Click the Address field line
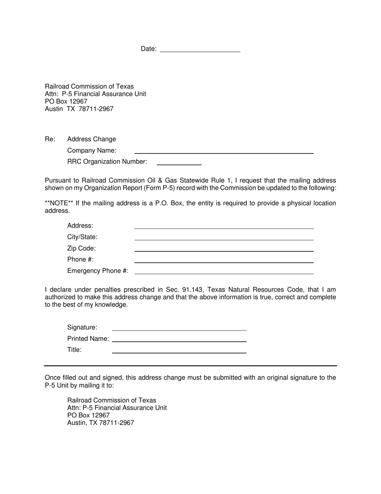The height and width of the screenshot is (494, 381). (x=224, y=226)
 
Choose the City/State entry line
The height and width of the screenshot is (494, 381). (x=224, y=237)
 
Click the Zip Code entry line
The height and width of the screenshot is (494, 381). (x=224, y=248)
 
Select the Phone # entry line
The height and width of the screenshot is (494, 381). (x=224, y=259)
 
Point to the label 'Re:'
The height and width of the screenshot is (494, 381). (x=50, y=139)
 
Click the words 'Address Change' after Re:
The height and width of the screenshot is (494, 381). (x=91, y=139)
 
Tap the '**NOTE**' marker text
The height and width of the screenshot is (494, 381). (x=59, y=203)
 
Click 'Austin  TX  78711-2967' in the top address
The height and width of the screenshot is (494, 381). (x=79, y=109)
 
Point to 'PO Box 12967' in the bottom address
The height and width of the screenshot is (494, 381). (x=88, y=415)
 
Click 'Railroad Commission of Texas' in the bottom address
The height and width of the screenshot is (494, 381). (x=111, y=400)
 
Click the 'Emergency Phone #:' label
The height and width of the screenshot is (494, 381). (x=98, y=271)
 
